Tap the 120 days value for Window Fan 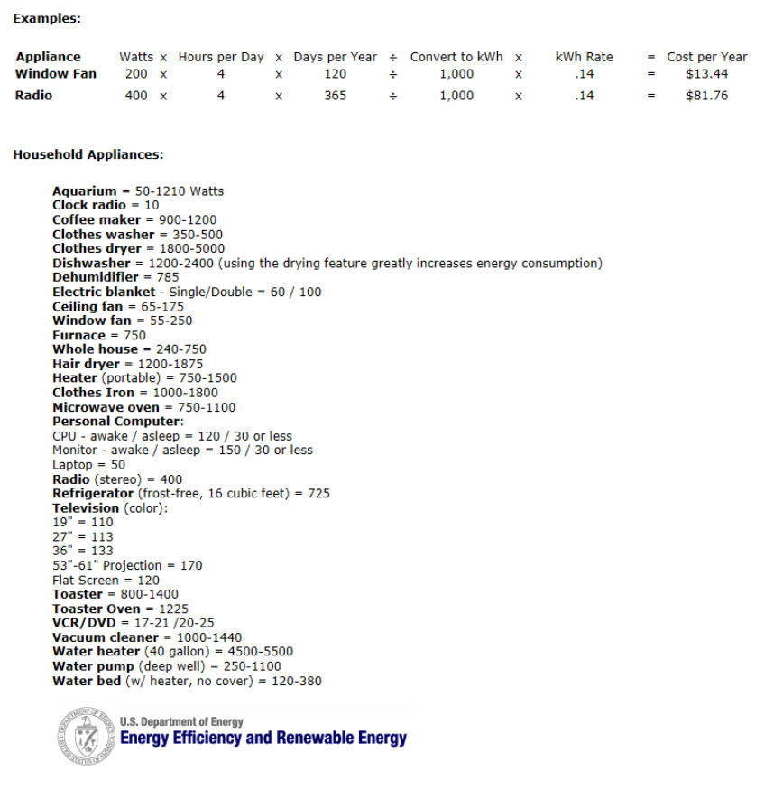click(335, 74)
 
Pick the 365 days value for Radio click(335, 96)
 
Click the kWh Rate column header click(584, 57)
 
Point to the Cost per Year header click(706, 57)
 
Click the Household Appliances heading click(88, 154)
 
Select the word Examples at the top click(46, 18)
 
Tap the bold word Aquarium click(85, 191)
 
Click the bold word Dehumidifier click(96, 277)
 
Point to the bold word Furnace click(78, 335)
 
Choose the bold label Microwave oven click(106, 407)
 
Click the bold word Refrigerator click(93, 493)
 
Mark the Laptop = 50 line click(88, 464)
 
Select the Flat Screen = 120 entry click(106, 580)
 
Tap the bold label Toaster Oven click(96, 609)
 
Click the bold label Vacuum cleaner click(106, 637)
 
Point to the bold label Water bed click(87, 681)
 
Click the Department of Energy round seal click(87, 733)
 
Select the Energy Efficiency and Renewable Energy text click(263, 739)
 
